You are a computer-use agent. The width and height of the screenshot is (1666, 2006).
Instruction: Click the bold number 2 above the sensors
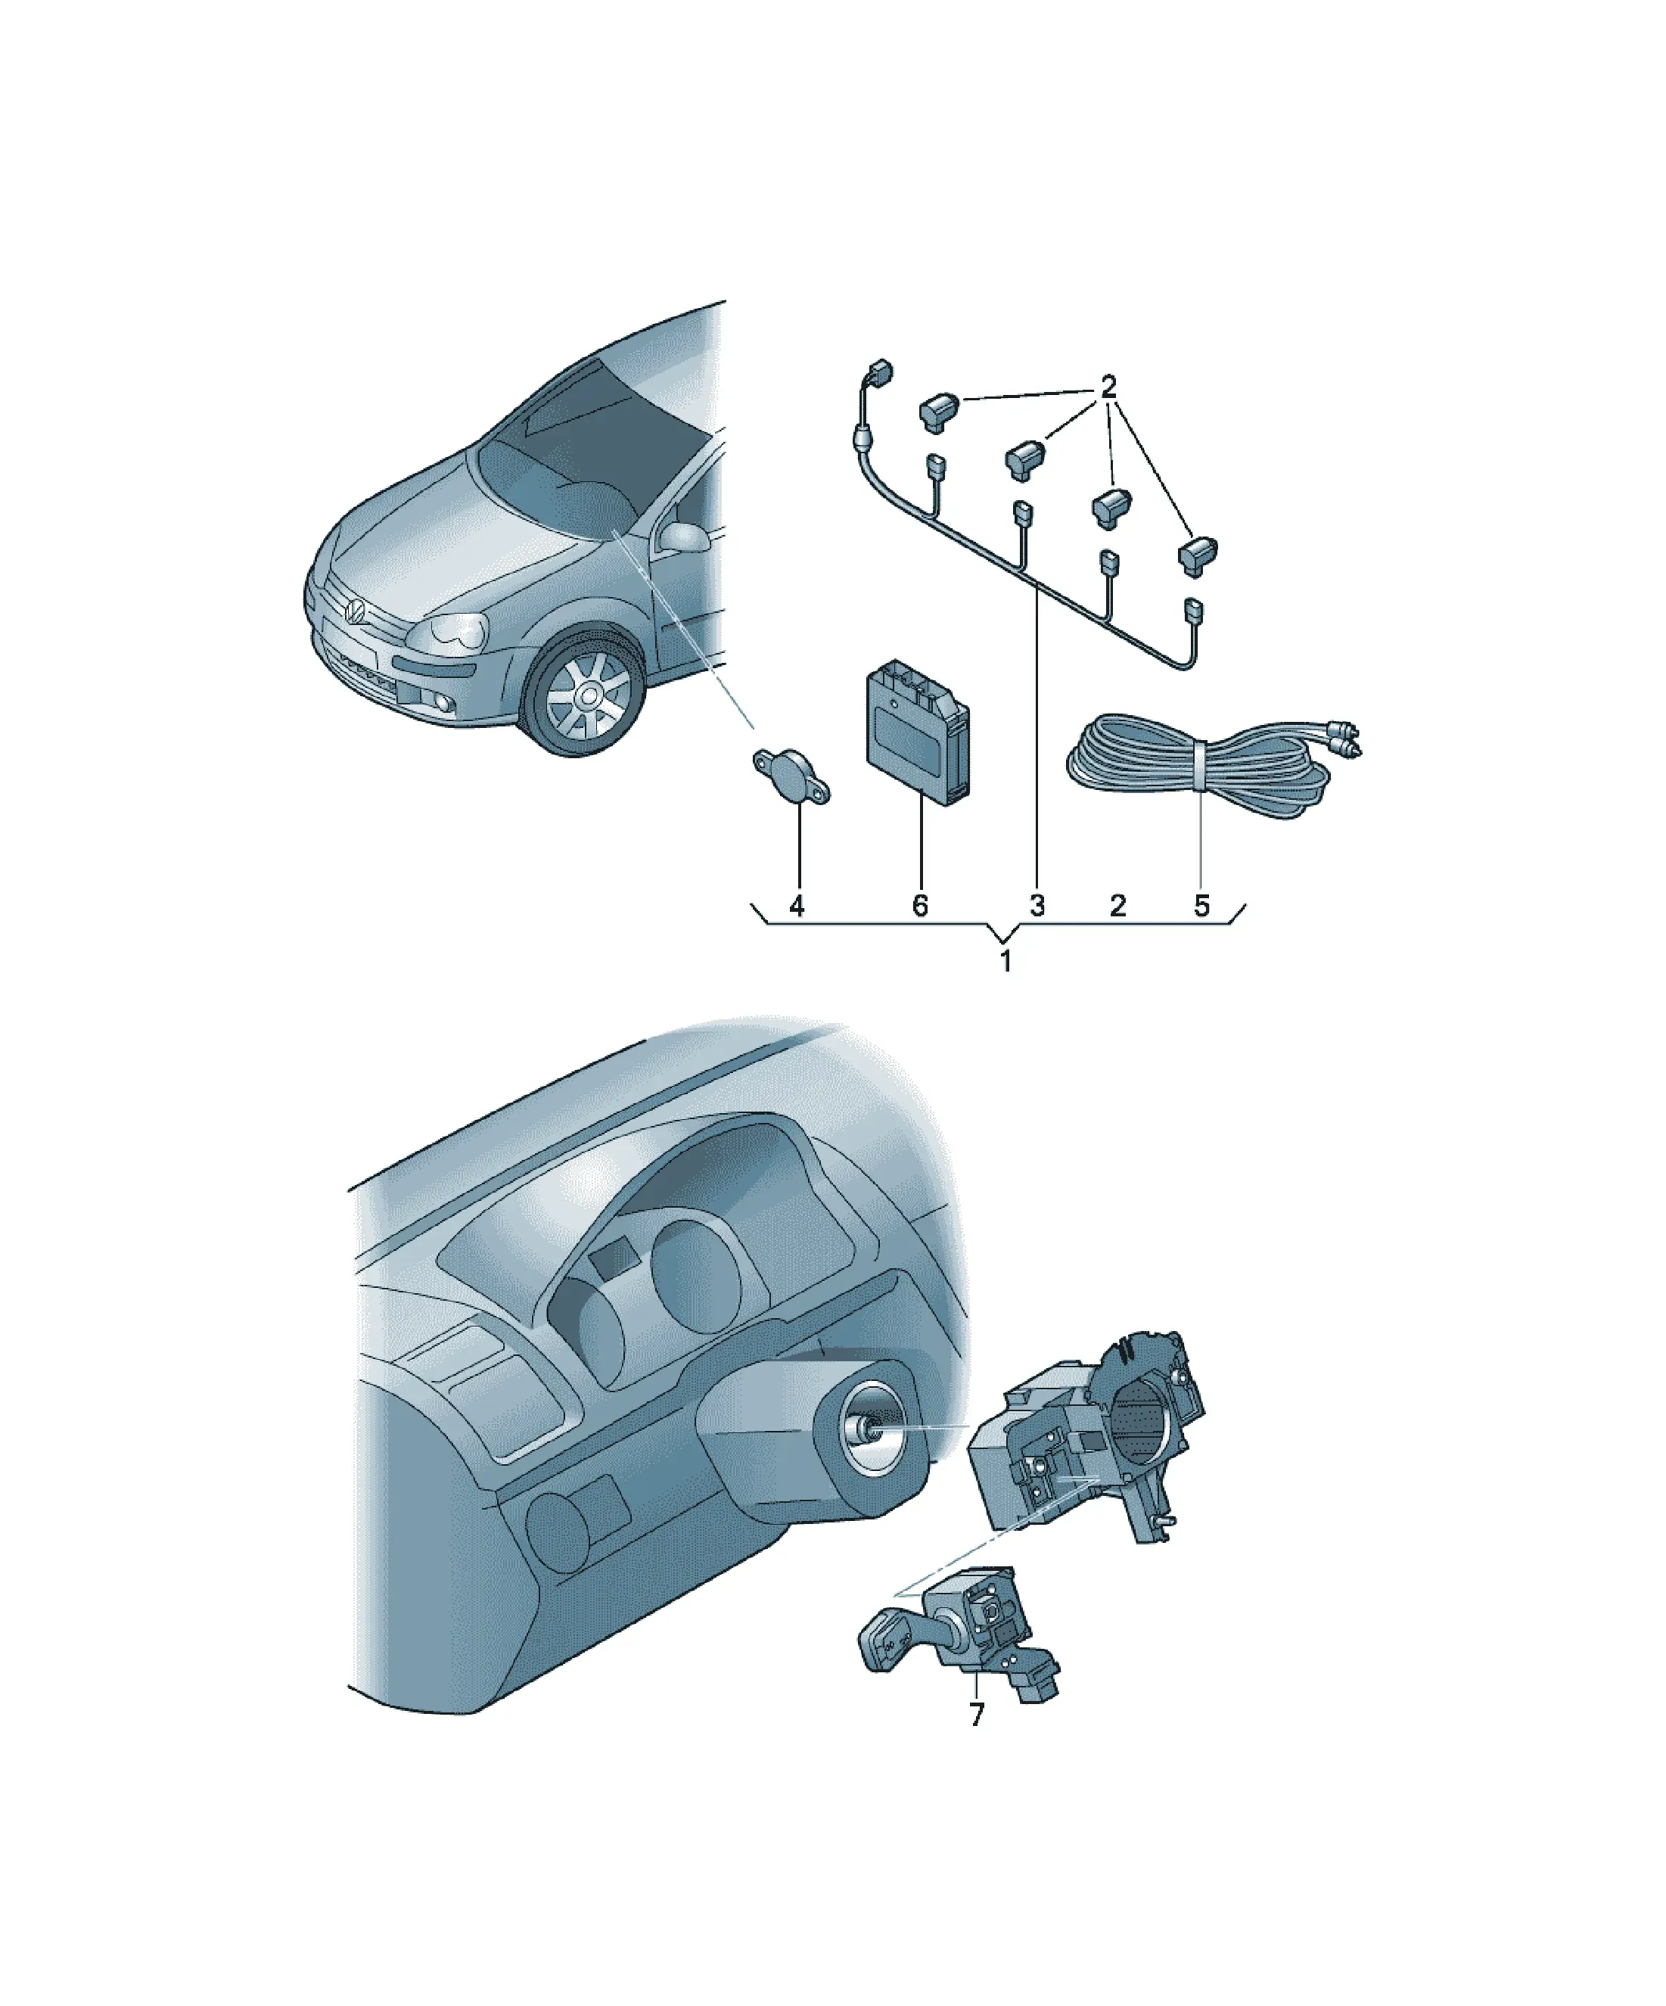[1108, 387]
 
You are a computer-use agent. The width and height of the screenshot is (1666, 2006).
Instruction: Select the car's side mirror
[684, 536]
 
